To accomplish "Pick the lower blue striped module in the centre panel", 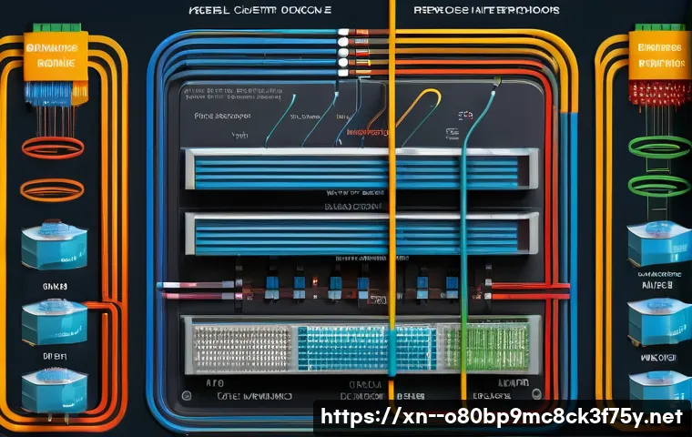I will (x=355, y=233).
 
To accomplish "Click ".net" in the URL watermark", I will (x=661, y=417).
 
